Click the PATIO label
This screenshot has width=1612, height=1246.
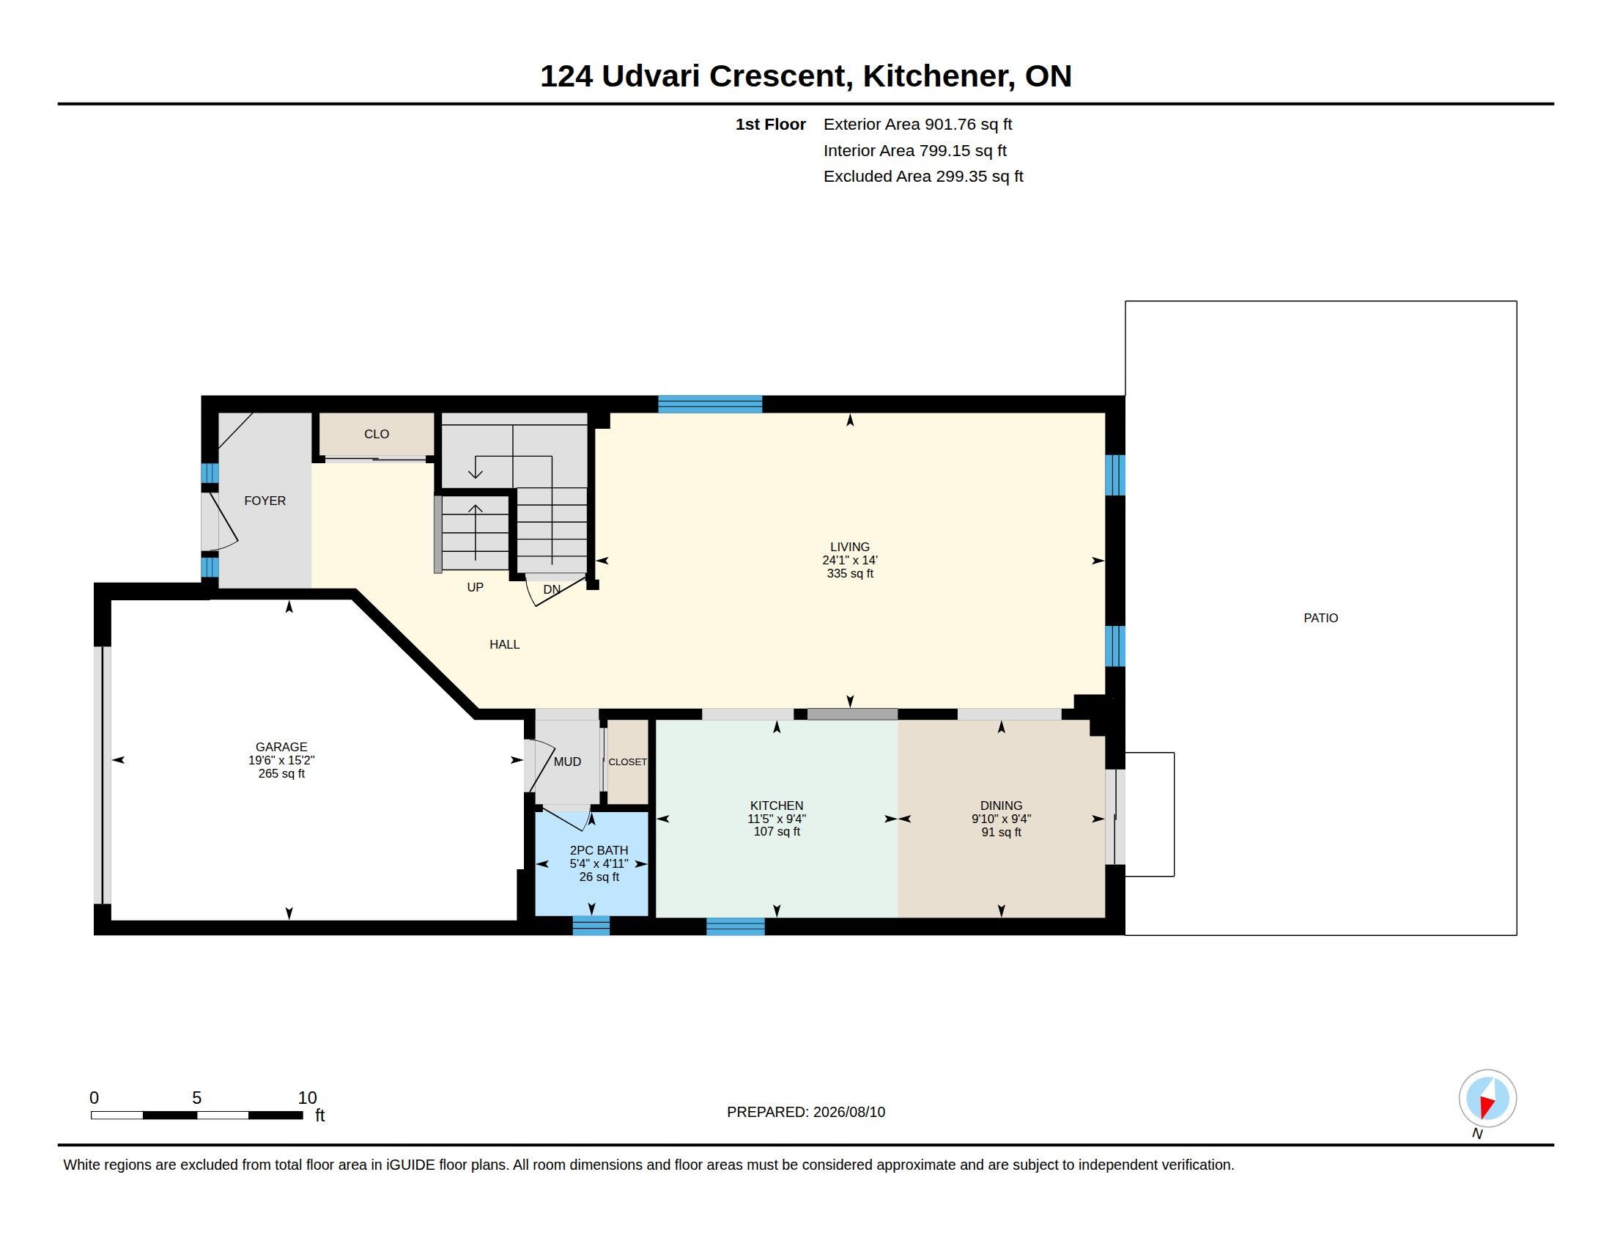tap(1320, 618)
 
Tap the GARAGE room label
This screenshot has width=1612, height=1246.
tap(281, 747)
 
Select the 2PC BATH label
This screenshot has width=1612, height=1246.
tap(599, 850)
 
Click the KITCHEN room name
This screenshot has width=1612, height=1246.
tap(777, 806)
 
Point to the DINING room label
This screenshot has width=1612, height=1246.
tap(1001, 806)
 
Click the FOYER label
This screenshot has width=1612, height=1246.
tap(265, 501)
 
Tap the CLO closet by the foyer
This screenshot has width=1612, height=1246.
tap(377, 434)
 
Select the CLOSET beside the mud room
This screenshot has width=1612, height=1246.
tap(627, 762)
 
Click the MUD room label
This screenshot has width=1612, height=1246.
tap(568, 762)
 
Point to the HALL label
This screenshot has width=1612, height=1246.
tap(505, 644)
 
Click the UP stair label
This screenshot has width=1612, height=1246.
tap(476, 587)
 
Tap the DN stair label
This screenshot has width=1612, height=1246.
tap(552, 589)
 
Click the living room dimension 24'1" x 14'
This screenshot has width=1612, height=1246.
tap(849, 560)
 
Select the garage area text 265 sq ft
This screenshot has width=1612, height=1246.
tap(281, 773)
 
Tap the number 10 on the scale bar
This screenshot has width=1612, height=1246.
tap(307, 1098)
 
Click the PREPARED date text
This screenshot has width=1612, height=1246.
tap(806, 1112)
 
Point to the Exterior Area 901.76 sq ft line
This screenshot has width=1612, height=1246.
tap(917, 124)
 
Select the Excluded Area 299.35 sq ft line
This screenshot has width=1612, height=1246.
tap(923, 177)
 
